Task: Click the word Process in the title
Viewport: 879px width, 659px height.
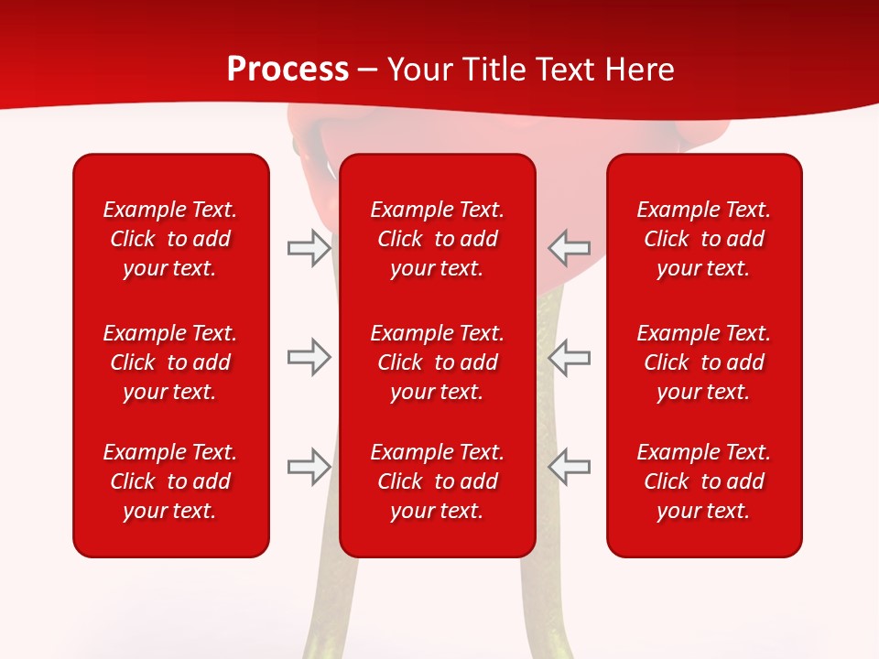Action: [288, 70]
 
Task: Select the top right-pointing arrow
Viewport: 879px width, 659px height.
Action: [309, 248]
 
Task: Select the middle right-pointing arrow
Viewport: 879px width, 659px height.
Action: [309, 357]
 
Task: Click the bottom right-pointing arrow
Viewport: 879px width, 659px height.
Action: [309, 467]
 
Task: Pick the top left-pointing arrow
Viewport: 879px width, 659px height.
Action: [570, 248]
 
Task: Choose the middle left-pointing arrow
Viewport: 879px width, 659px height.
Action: [570, 357]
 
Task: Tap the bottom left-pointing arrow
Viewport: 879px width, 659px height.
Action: [570, 467]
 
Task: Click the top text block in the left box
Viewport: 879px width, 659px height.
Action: [170, 239]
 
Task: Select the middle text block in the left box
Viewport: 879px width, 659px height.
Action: [170, 362]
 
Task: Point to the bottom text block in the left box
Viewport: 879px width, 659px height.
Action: [170, 481]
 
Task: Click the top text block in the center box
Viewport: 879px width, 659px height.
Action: [437, 239]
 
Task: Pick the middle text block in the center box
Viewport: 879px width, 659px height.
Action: [437, 362]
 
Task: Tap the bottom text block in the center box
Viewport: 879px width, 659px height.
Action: [437, 481]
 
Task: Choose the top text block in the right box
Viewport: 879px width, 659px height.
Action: [703, 239]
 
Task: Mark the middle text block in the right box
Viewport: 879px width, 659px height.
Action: [703, 362]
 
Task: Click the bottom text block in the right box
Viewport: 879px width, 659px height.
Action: [703, 481]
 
